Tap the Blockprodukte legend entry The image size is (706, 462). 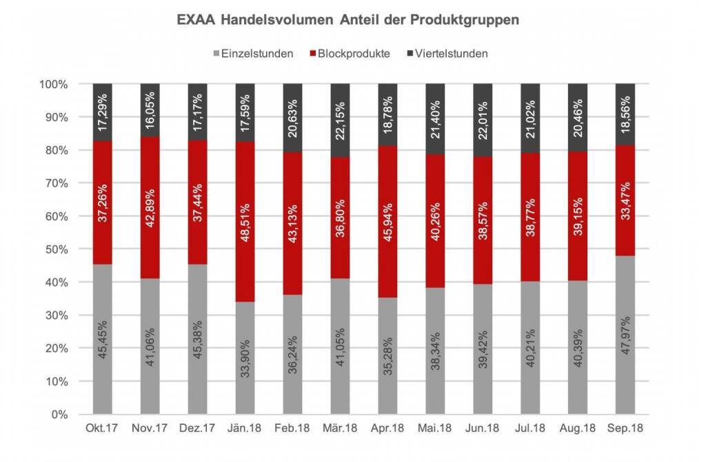pyautogui.click(x=352, y=53)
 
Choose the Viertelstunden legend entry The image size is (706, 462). pyautogui.click(x=446, y=53)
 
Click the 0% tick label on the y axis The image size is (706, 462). pyautogui.click(x=59, y=414)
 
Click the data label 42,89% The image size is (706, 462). pyautogui.click(x=150, y=207)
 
